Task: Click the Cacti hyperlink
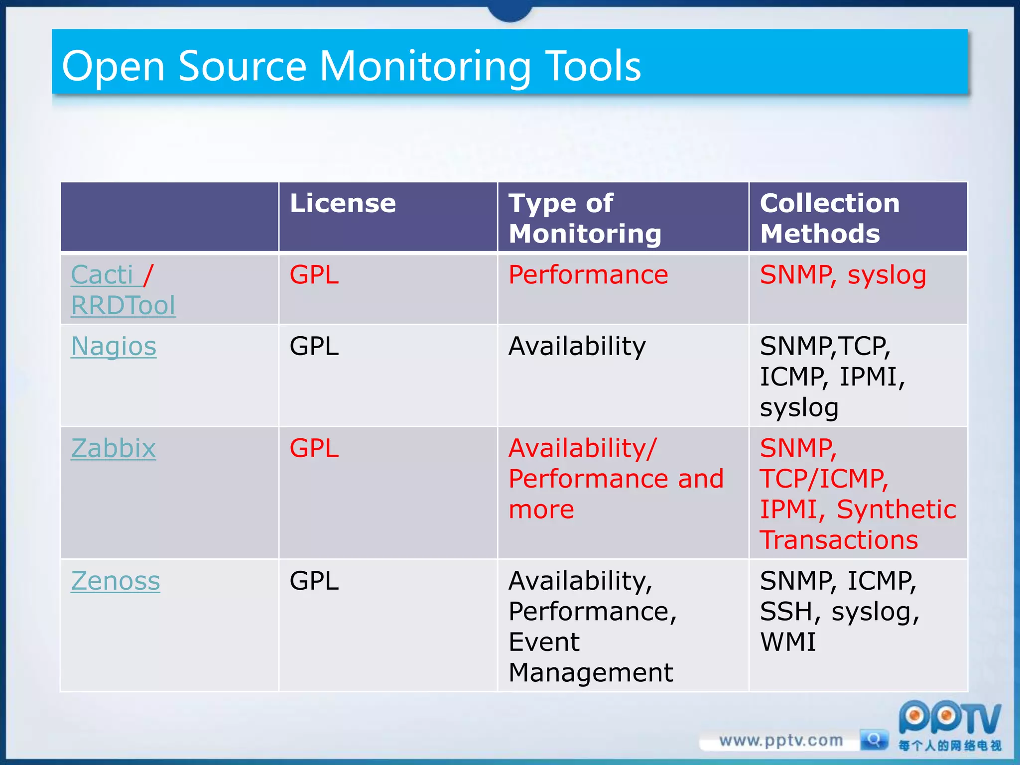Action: pos(102,275)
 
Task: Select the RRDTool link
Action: pos(123,305)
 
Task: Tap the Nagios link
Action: pos(114,346)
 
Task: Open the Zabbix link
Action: pos(114,448)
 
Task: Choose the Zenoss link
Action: pos(116,581)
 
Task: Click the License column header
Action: pos(343,203)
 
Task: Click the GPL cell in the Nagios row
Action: pos(314,346)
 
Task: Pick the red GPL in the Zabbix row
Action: pos(314,448)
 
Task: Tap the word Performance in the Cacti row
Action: pos(588,275)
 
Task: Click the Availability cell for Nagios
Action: pos(577,346)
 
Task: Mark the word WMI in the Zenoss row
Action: pos(788,642)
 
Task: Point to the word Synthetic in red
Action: pos(896,510)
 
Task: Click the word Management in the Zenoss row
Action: pos(591,673)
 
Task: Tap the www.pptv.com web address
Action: pos(781,741)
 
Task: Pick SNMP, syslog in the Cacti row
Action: pos(843,275)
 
